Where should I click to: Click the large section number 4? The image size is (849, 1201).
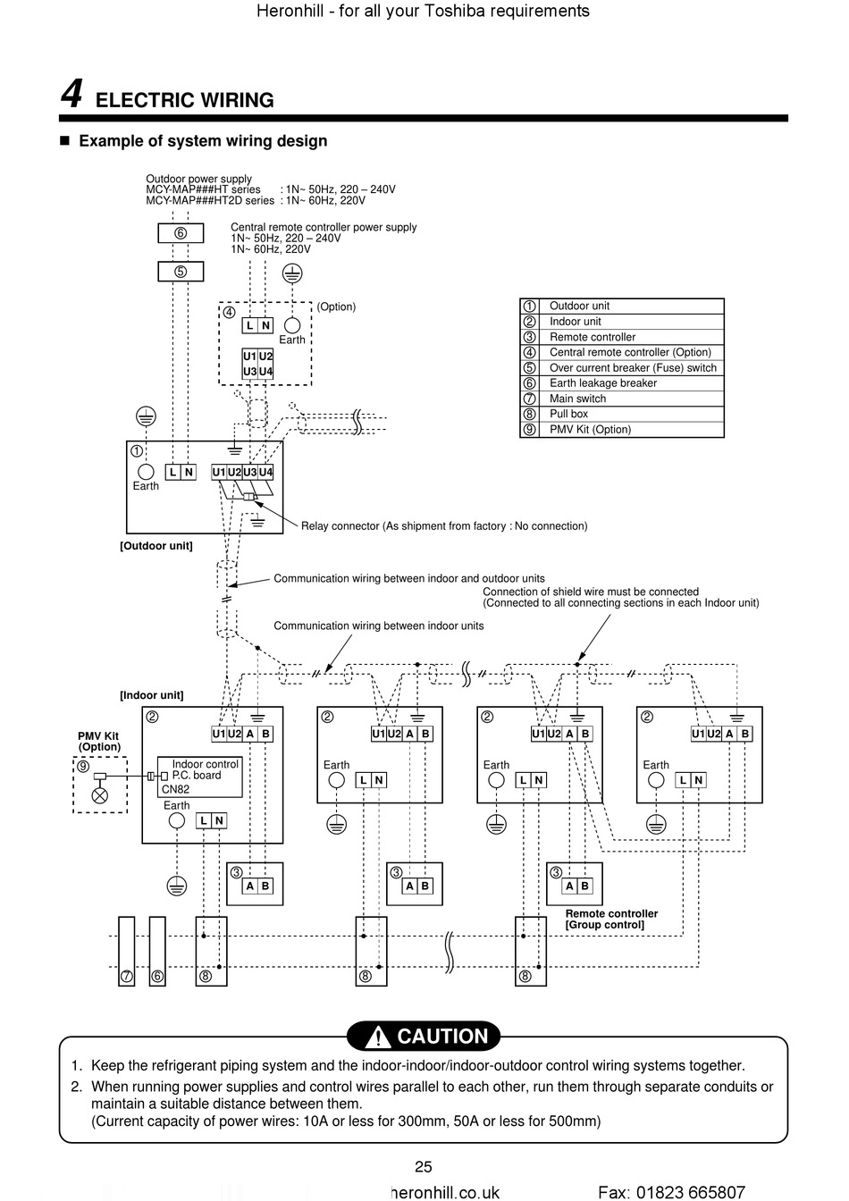pos(71,94)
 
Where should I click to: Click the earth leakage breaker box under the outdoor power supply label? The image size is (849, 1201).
pos(181,233)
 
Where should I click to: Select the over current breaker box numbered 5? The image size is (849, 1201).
pos(181,272)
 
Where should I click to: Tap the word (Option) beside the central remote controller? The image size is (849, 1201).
pos(336,307)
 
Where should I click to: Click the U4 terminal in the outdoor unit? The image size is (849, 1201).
pos(265,472)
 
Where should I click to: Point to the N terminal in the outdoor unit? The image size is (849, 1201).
pos(189,472)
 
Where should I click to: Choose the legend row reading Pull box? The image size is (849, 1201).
pos(622,414)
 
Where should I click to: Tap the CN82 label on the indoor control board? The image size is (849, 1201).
pos(175,789)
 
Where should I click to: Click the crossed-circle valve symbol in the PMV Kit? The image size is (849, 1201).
pos(100,795)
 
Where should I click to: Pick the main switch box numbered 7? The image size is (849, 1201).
pos(127,951)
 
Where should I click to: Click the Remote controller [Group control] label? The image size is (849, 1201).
pos(611,919)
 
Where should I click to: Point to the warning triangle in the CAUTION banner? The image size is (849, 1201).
pos(378,1037)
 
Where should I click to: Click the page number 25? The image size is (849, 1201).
pos(424,1167)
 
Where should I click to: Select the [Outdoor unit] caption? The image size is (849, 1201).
pos(156,546)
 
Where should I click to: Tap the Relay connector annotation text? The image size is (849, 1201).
pos(444,526)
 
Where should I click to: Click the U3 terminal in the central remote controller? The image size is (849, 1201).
pos(249,371)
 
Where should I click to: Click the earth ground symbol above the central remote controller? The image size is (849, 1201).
pos(292,273)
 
